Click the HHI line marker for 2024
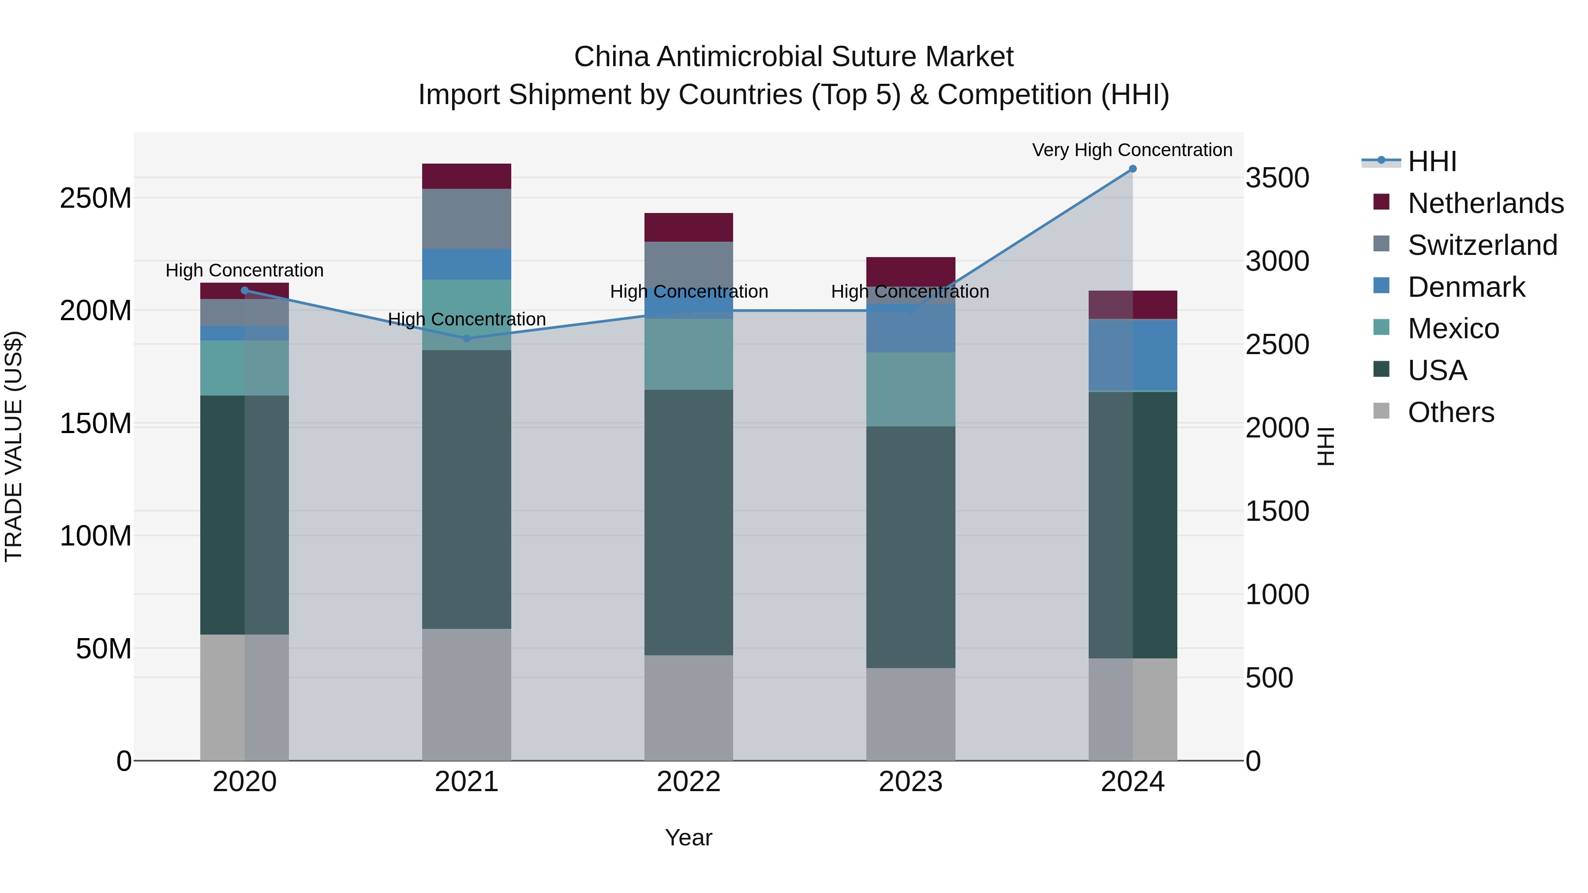[1132, 169]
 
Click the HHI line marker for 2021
[467, 338]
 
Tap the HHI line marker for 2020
[245, 290]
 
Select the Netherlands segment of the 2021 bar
[467, 176]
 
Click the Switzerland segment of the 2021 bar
[467, 219]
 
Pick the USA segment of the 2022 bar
[689, 522]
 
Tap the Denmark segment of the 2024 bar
[1132, 355]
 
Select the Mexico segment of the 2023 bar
[910, 389]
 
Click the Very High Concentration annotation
[1132, 150]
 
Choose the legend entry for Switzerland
[1482, 245]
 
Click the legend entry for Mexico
[1453, 329]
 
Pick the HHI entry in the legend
[1431, 161]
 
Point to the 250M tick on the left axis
[96, 198]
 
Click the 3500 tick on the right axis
[1277, 178]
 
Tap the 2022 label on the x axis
[689, 782]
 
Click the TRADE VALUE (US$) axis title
[14, 446]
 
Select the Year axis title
[688, 837]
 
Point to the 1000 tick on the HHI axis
[1277, 595]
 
